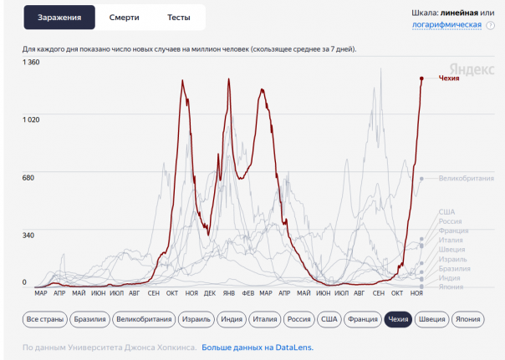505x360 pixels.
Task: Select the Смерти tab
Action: point(124,17)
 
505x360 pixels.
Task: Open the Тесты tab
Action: point(178,17)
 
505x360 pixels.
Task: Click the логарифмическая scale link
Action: point(446,25)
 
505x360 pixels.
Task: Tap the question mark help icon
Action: point(489,26)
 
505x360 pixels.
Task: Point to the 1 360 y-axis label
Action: point(31,63)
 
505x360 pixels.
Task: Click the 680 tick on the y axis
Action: point(28,177)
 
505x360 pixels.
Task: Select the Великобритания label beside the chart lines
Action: point(464,178)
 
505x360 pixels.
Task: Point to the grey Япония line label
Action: point(451,286)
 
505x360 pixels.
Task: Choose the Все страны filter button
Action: point(44,319)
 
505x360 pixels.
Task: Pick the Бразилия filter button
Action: point(89,319)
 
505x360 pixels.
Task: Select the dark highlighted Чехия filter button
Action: point(398,319)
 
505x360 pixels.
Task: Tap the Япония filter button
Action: point(473,319)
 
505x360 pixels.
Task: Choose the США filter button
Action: point(329,319)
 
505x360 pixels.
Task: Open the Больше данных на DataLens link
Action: point(258,347)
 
